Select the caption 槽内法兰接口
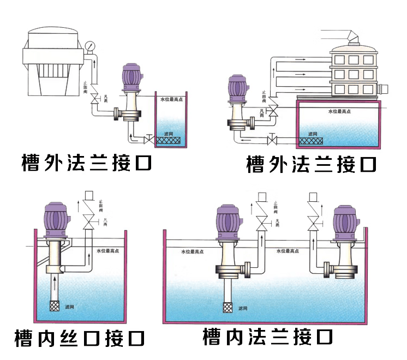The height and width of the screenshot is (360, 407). (x=267, y=337)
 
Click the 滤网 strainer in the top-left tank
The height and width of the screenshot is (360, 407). (x=170, y=141)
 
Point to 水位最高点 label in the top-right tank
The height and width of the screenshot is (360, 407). (x=339, y=112)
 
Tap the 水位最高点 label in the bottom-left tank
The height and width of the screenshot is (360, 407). (x=108, y=251)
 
